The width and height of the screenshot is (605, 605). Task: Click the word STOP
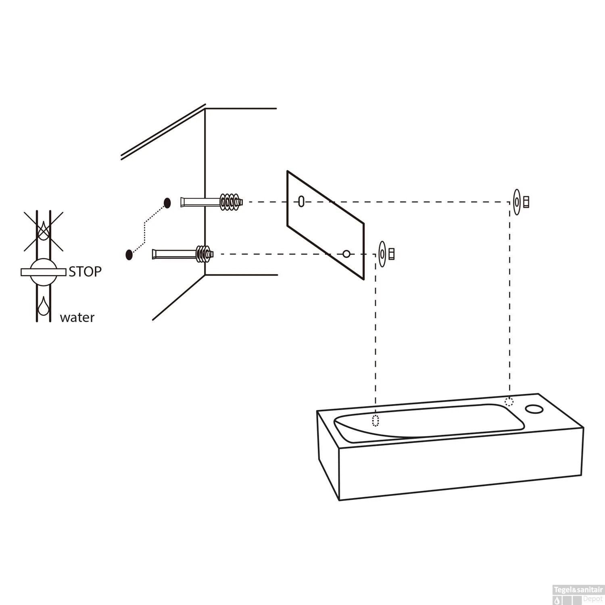coord(85,272)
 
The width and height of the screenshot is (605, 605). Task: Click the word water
coord(77,318)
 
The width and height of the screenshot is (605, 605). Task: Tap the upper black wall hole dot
coord(167,203)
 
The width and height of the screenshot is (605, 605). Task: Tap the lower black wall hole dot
coord(129,255)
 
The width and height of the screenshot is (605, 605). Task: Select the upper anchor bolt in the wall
coord(212,202)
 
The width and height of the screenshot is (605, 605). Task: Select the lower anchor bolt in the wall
coord(182,255)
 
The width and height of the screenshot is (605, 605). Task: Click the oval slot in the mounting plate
coord(301,201)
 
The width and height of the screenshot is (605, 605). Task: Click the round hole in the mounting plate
coord(346,254)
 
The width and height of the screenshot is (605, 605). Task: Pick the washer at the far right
coord(517,202)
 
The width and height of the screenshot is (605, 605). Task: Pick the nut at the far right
coord(526,202)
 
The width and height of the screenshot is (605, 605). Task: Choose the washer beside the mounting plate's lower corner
coord(382,254)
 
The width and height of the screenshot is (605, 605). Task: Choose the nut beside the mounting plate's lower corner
coord(391,254)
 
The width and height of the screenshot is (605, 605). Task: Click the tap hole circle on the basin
coord(535,409)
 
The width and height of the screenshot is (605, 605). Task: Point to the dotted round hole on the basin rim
coord(509,402)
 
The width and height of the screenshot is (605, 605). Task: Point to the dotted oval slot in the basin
coord(376,421)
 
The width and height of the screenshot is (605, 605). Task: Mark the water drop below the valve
coord(43,306)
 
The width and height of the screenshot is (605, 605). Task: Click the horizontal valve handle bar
coord(43,272)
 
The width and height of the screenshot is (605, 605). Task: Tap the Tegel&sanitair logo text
coord(578,590)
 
